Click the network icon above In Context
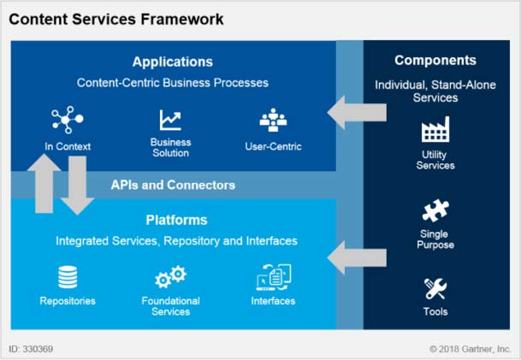tap(67, 120)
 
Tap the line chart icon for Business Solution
tap(170, 120)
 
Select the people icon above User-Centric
tap(273, 120)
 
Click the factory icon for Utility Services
tap(435, 129)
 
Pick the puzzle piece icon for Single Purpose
tap(435, 210)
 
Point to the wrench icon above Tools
tap(435, 288)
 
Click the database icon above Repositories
tap(68, 277)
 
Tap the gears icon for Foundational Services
tap(171, 277)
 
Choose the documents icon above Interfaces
tap(274, 277)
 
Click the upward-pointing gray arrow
tap(44, 183)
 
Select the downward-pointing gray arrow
tap(77, 186)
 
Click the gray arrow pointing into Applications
tap(357, 113)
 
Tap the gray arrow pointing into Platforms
tap(357, 258)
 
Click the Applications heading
tap(173, 62)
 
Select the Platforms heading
tap(176, 220)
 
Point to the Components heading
tap(435, 60)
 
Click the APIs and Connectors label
tap(173, 185)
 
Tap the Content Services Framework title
tap(116, 19)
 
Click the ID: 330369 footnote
tap(31, 349)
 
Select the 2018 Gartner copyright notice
tap(470, 349)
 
